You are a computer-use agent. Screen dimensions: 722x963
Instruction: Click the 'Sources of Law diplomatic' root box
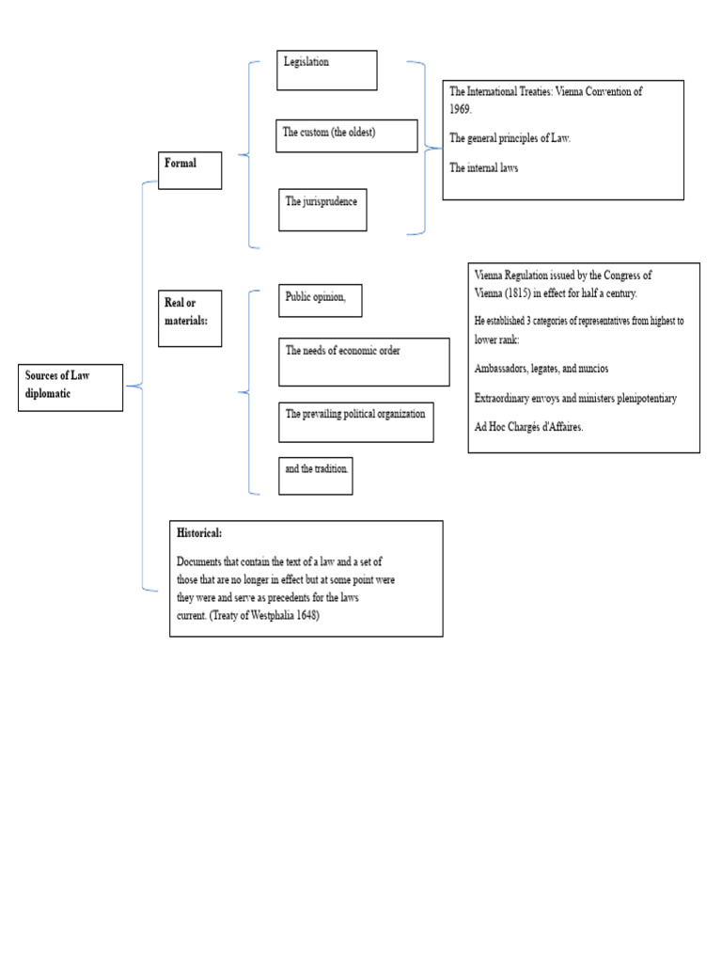coord(71,387)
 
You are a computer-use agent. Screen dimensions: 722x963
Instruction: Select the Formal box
coord(190,170)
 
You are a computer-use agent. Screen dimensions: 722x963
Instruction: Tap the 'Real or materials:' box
coord(190,319)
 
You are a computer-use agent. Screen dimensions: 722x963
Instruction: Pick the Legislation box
coord(326,70)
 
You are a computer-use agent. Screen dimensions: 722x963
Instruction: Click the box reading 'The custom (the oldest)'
coord(347,135)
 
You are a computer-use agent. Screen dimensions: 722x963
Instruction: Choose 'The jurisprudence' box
coord(322,210)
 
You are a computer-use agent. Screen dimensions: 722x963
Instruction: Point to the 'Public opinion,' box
coord(321,300)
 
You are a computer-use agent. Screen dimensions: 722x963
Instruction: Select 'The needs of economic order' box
coord(364,362)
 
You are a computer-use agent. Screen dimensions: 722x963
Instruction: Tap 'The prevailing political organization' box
coord(356,422)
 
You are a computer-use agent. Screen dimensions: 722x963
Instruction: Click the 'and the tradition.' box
coord(316,475)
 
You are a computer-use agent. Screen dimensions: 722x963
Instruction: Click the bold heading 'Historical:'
coord(199,533)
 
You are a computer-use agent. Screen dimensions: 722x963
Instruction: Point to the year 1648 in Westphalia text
coord(307,615)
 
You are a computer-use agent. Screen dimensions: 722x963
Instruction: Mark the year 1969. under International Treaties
coord(461,109)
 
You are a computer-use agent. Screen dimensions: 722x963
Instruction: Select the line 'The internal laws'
coord(484,167)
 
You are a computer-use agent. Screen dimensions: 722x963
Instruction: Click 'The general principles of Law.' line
coord(510,138)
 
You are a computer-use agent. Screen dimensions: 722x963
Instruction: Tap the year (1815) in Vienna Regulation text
coord(518,293)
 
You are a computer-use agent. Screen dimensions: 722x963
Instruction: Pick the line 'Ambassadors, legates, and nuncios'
coord(541,369)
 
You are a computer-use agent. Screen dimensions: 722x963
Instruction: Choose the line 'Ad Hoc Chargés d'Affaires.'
coord(528,427)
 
